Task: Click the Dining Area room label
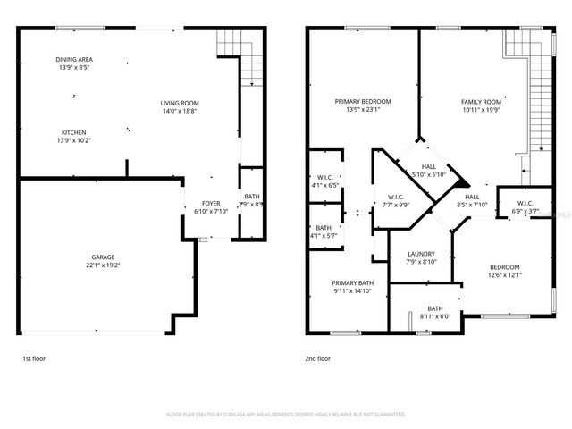coord(74,59)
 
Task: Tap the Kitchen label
coord(74,132)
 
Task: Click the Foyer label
coord(211,204)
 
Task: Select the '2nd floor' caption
coord(317,358)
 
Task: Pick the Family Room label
coord(481,101)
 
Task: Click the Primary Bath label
coord(352,282)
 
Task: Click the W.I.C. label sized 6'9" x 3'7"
coord(524,204)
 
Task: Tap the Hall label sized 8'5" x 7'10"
coord(472,197)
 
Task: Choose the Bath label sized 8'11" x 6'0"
coord(434,308)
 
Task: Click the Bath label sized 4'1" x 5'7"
coord(324,228)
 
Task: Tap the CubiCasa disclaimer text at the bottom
coord(286,415)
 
